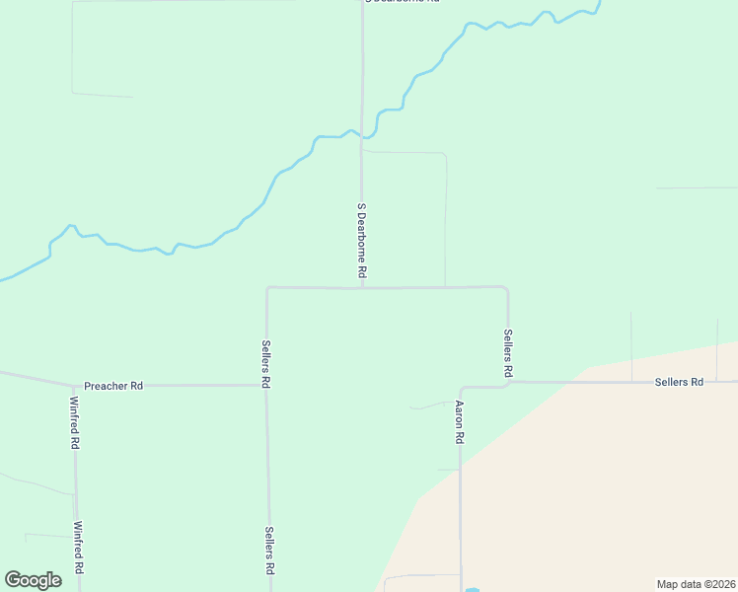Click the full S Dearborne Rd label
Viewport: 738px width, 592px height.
362,240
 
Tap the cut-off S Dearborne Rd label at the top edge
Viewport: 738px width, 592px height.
402,2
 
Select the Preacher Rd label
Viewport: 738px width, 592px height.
113,386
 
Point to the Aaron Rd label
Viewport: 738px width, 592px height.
460,420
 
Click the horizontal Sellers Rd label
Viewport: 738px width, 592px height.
679,382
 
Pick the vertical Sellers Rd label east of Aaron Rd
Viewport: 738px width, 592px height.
508,354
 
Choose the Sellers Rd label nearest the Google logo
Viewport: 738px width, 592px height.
268,552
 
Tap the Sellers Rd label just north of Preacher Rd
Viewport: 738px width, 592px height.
266,363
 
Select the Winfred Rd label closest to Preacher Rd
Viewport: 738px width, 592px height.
75,422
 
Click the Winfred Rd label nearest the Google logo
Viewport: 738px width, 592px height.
78,550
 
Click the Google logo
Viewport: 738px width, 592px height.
34,580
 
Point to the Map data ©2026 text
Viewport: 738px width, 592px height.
697,584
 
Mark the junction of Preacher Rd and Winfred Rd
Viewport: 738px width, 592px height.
75,385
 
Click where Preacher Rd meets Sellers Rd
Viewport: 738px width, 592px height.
267,385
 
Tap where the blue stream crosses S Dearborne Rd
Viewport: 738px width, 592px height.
362,135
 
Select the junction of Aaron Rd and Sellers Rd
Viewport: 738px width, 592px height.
462,387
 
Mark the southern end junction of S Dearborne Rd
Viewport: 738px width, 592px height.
362,288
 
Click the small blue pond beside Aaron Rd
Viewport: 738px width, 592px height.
473,590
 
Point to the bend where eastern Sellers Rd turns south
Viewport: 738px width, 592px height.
506,289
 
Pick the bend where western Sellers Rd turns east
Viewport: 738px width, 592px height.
267,289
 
